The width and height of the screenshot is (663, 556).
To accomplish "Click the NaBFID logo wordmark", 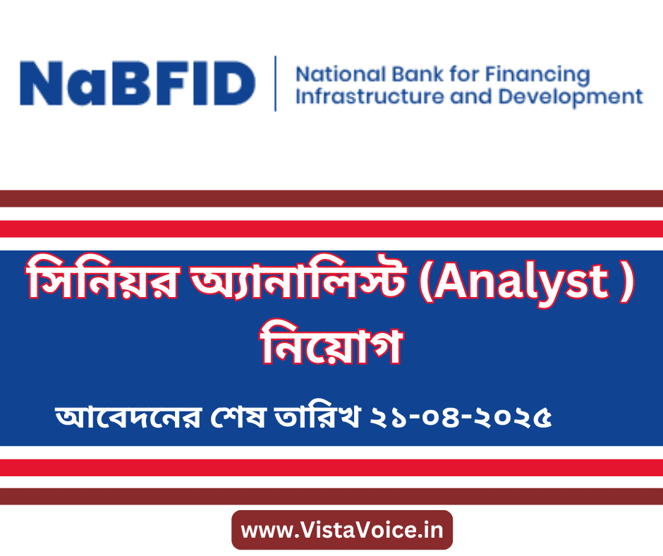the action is pos(138,83).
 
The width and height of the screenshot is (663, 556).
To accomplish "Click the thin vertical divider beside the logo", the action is pos(276,83).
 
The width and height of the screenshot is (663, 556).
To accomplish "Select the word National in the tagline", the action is pos(341,75).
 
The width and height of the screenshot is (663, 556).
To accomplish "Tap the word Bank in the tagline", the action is pos(418,75).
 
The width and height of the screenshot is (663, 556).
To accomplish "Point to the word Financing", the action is pos(537,75).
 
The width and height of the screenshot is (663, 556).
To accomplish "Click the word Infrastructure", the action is pos(369,97).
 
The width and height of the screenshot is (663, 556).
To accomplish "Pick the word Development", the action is pos(571,97).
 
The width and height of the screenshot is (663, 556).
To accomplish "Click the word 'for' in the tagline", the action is pos(464,74).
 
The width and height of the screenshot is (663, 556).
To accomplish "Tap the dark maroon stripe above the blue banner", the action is pos(331,198).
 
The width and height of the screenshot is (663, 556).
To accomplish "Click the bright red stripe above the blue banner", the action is pos(331,229).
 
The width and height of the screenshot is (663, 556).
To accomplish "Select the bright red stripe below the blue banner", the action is pos(331,468).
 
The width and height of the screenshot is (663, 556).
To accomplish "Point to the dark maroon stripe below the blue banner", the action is pos(331,496).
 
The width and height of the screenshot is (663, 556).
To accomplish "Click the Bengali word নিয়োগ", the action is pos(332,345).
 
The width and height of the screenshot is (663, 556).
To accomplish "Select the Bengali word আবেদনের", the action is pos(128,417).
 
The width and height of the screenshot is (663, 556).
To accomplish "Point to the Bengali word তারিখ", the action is pos(317,417).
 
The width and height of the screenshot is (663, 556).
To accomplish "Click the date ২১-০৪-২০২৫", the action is pos(461,418).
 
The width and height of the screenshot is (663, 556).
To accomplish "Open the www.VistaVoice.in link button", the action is pos(342,530).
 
